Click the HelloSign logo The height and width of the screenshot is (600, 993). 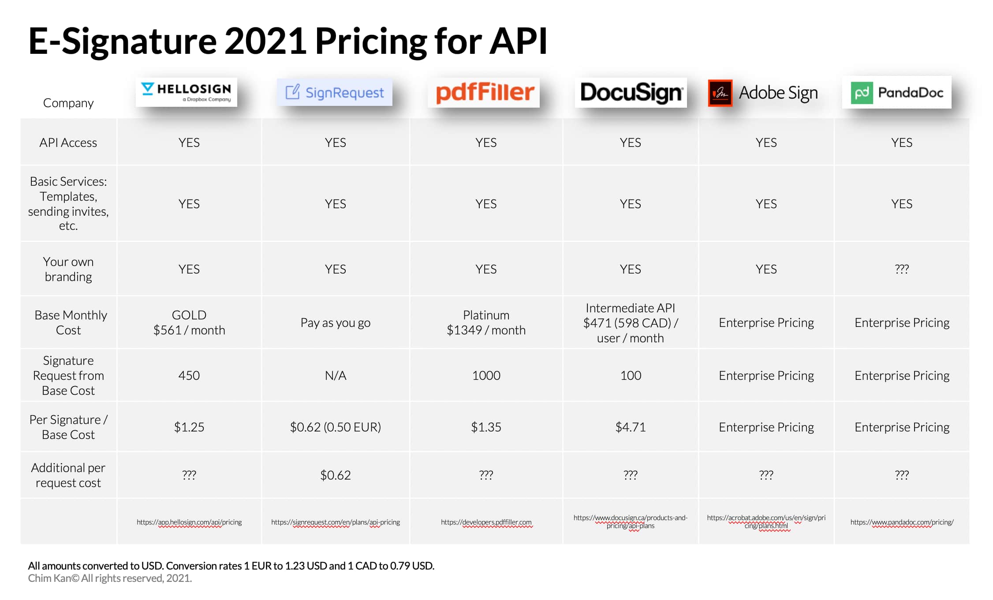[186, 92]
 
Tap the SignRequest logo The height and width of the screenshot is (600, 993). [335, 93]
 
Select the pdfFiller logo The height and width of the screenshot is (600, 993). [484, 93]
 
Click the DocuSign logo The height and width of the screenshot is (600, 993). [631, 93]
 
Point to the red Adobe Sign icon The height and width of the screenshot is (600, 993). [720, 93]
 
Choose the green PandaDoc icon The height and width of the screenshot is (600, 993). [862, 93]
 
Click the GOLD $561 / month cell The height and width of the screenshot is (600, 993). [189, 322]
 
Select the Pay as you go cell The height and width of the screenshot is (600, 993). [335, 322]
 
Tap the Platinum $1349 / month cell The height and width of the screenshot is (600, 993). [486, 322]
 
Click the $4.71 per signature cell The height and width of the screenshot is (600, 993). [630, 427]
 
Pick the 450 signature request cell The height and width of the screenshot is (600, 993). [189, 375]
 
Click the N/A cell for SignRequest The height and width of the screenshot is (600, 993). [335, 375]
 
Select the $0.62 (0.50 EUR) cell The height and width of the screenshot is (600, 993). [335, 427]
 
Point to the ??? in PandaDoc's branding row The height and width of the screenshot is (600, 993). [901, 269]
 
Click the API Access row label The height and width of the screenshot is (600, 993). [68, 142]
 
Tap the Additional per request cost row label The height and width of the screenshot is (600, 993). [68, 475]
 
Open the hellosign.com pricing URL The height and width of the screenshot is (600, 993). [189, 522]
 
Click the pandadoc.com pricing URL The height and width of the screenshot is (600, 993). [902, 522]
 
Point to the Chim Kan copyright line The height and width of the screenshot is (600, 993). [110, 578]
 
